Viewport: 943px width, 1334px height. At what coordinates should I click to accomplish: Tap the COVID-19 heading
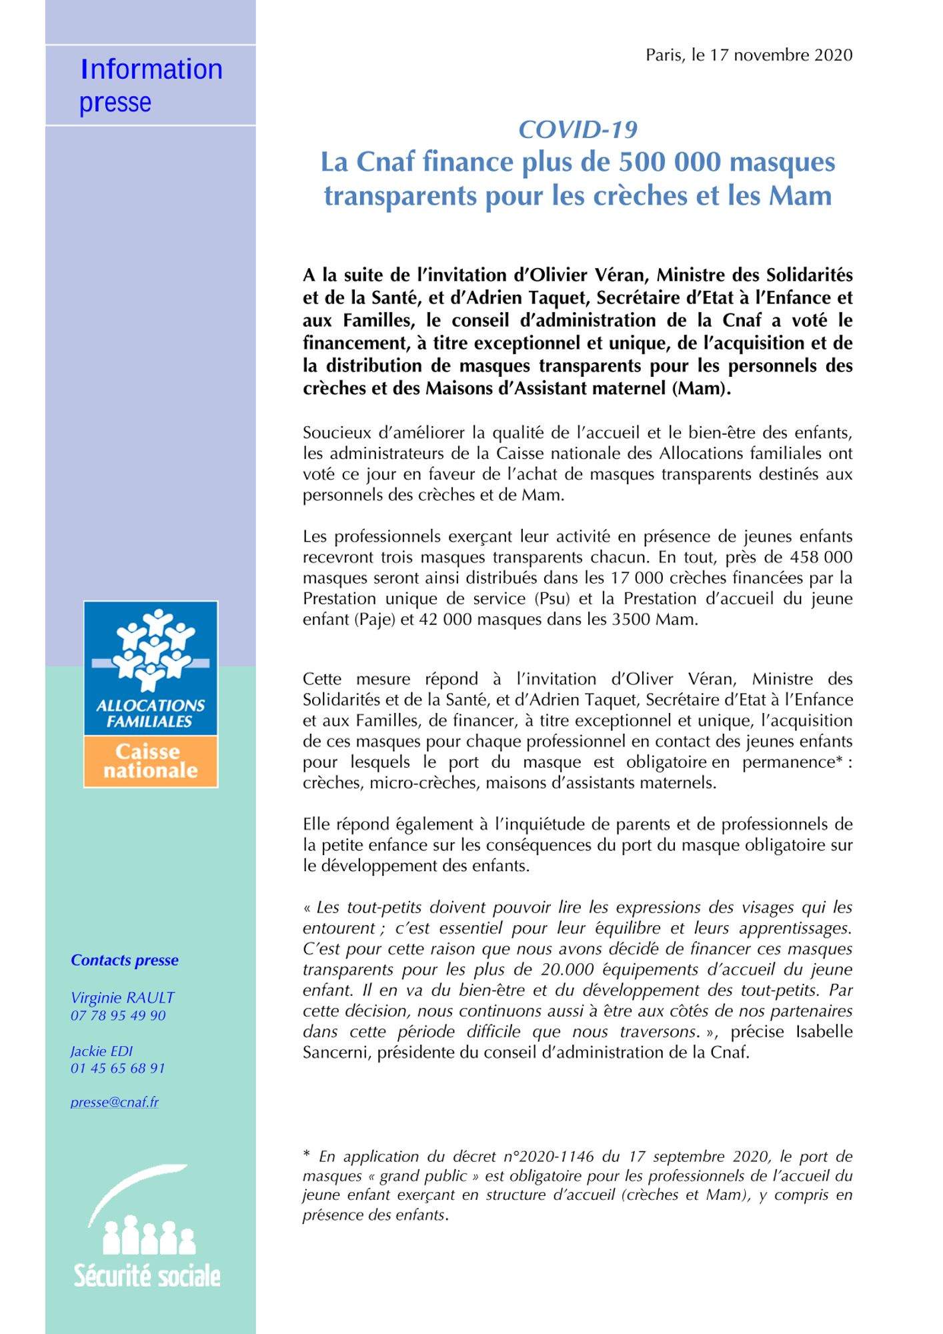click(578, 129)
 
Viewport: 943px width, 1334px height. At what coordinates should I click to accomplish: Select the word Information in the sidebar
click(151, 69)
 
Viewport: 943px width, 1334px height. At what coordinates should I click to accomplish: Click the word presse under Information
click(115, 103)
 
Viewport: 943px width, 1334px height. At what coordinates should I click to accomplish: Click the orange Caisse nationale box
click(151, 761)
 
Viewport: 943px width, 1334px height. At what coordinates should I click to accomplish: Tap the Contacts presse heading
click(125, 960)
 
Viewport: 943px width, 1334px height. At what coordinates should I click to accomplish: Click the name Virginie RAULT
click(123, 998)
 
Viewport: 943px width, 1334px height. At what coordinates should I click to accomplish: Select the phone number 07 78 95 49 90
click(118, 1016)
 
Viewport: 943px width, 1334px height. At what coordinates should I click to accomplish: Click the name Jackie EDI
click(101, 1051)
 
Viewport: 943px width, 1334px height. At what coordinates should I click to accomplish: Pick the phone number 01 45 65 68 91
click(118, 1069)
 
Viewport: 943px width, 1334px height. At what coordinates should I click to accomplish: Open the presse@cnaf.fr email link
click(115, 1103)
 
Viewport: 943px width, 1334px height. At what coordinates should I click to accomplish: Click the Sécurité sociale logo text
click(147, 1276)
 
